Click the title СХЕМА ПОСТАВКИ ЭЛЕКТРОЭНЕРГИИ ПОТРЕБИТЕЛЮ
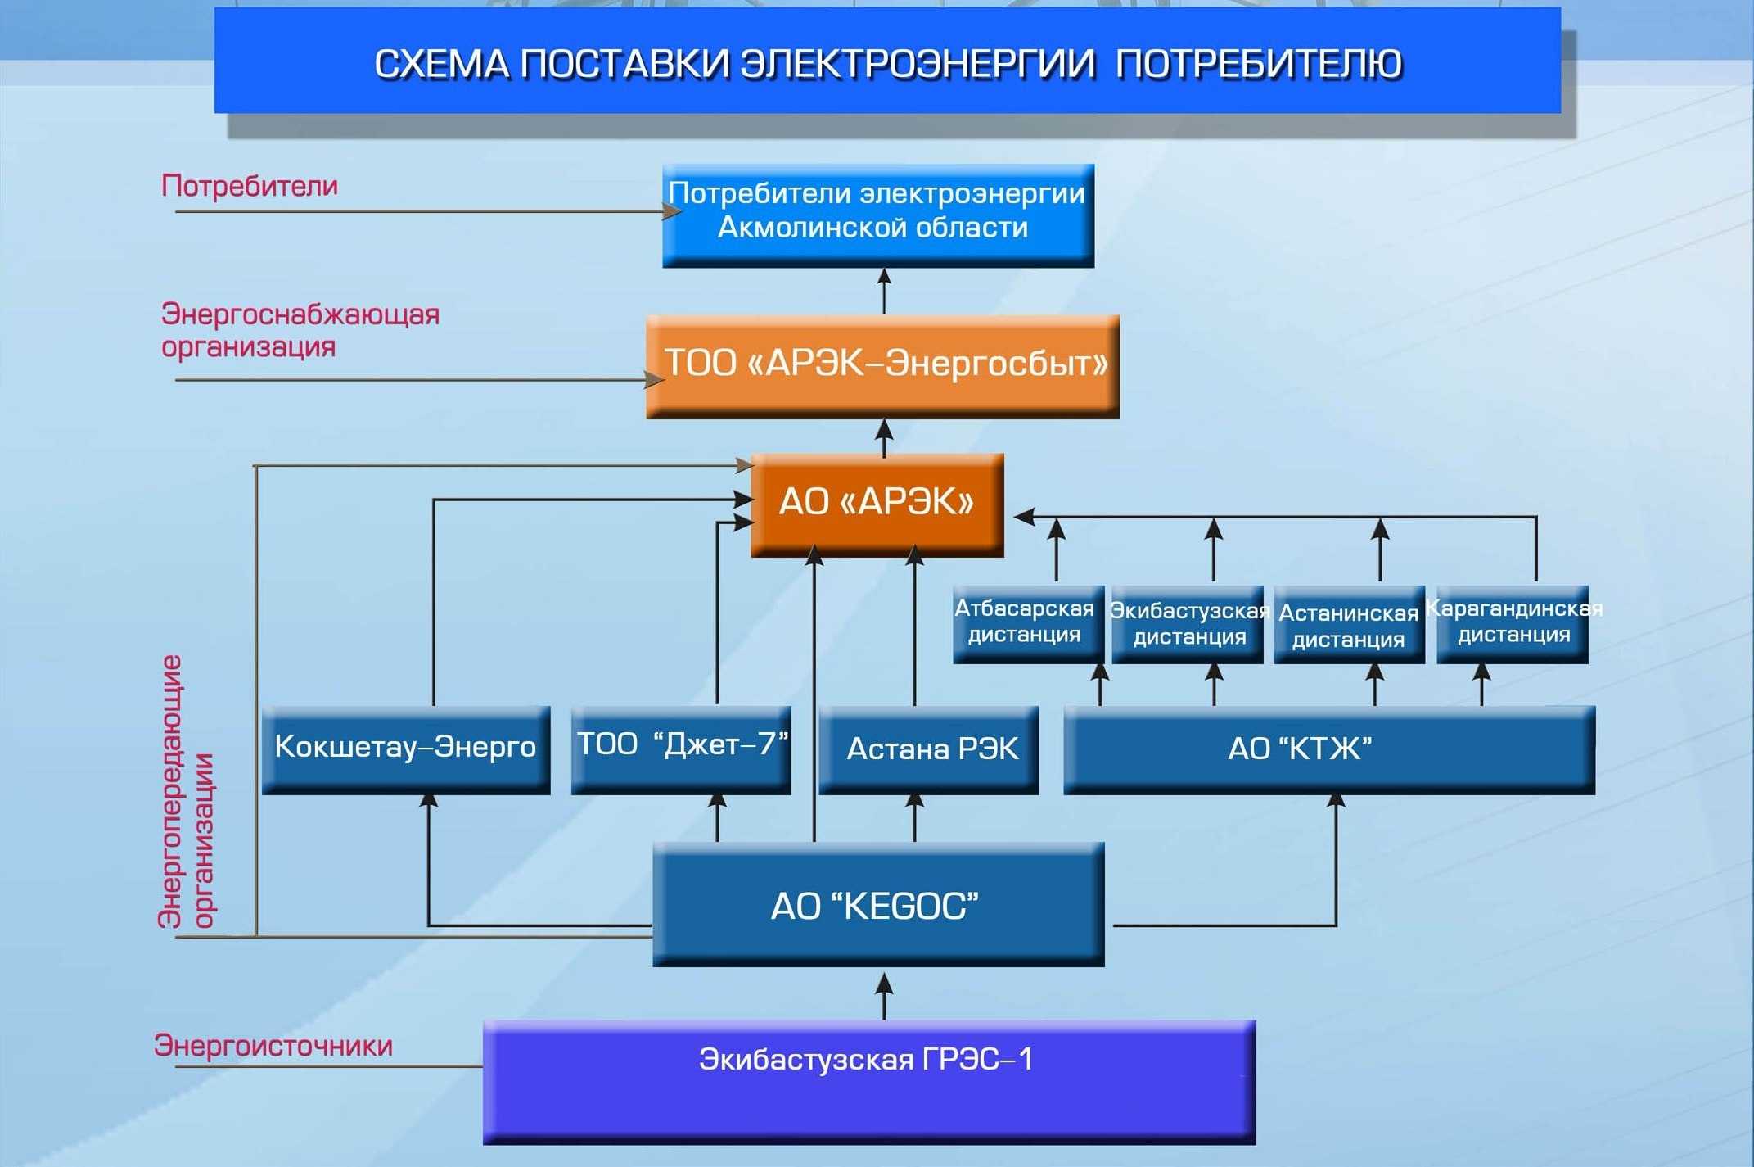coord(888,64)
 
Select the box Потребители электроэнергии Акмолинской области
coord(878,215)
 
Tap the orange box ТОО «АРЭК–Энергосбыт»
coord(882,366)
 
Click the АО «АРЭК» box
coord(877,504)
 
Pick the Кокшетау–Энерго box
coord(406,749)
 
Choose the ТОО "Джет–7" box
coord(681,749)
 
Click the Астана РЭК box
coord(929,749)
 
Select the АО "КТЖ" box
coord(1329,749)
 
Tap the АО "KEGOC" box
coord(878,904)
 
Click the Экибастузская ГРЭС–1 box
coord(869,1082)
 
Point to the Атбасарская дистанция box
coord(1029,624)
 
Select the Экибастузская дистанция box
coord(1188,624)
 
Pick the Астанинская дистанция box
coord(1349,624)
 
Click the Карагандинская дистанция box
coord(1513,624)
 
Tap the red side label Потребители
coord(250,187)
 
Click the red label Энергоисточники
coord(273,1046)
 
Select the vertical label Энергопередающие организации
coord(187,791)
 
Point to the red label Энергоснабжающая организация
coord(300,330)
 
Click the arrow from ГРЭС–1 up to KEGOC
coord(884,996)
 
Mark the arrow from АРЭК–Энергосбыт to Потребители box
coord(884,292)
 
